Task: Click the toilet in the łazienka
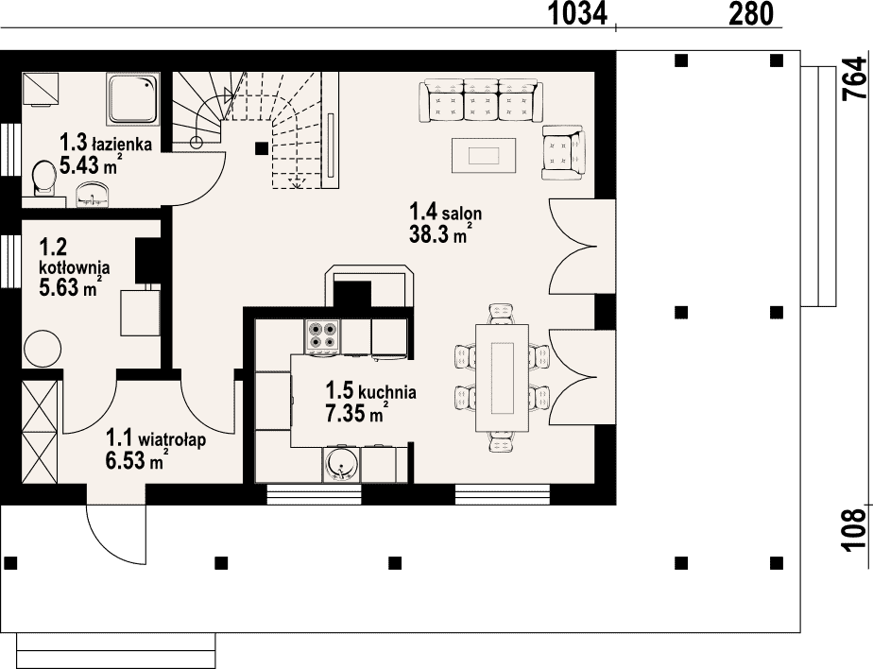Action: pos(44,179)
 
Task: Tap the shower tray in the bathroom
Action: pos(132,99)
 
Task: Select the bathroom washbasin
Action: pos(93,195)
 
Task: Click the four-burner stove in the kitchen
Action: pos(323,335)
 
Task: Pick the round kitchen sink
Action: pos(341,464)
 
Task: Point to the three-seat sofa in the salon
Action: pos(481,100)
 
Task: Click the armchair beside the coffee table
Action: pos(564,152)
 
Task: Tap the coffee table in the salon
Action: pos(484,155)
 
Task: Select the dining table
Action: pos(503,378)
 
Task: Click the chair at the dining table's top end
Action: pos(502,314)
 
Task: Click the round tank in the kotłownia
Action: pos(43,348)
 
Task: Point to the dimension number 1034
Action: pos(577,14)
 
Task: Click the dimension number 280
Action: pos(751,14)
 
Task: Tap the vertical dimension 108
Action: pos(856,530)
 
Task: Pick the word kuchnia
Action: pos(387,391)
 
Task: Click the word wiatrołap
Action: pos(172,439)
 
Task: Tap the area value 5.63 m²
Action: pos(71,287)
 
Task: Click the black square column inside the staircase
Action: pos(262,148)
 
